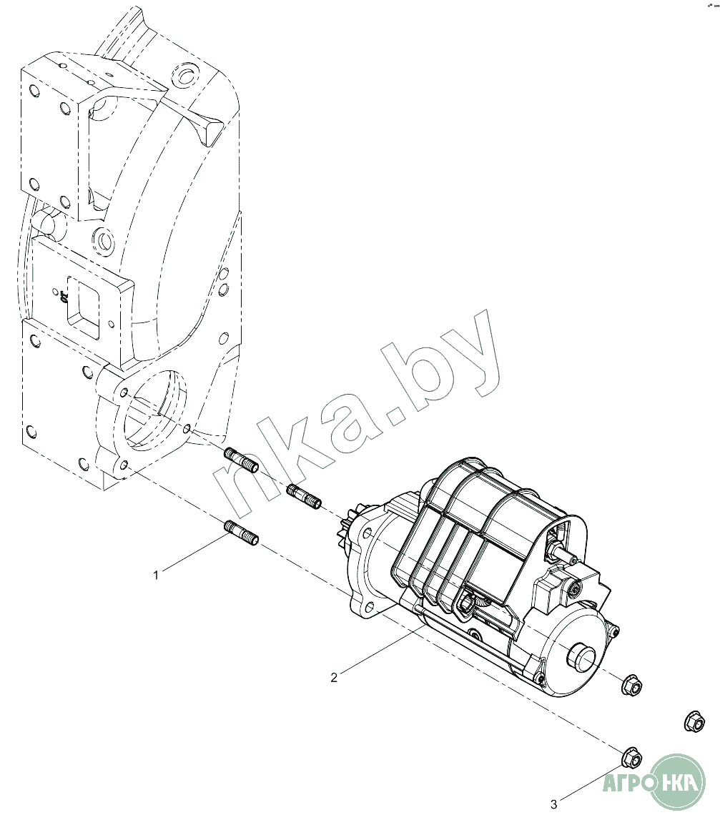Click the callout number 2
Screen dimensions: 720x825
pos(334,677)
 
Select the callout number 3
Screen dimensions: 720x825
pos(553,804)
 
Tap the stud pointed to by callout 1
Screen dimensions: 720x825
pos(241,533)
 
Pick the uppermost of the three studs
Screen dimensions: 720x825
pos(241,459)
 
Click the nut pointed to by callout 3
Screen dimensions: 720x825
pos(631,756)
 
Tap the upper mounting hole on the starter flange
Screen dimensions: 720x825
pos(365,533)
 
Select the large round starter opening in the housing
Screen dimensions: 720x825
pos(154,415)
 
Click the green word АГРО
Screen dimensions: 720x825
pos(628,782)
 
